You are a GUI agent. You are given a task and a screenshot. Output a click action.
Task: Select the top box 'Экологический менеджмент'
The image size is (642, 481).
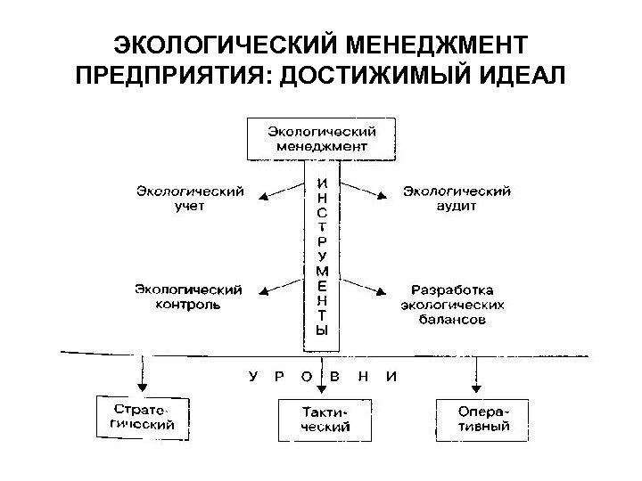click(321, 138)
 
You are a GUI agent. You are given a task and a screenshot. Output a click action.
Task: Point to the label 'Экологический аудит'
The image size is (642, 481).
click(457, 198)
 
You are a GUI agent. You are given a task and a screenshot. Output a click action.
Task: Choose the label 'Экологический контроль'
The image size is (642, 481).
click(189, 297)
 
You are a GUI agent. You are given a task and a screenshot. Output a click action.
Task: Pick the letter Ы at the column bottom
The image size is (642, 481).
click(322, 329)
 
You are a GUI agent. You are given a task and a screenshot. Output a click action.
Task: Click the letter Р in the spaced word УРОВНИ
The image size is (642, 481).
click(279, 376)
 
